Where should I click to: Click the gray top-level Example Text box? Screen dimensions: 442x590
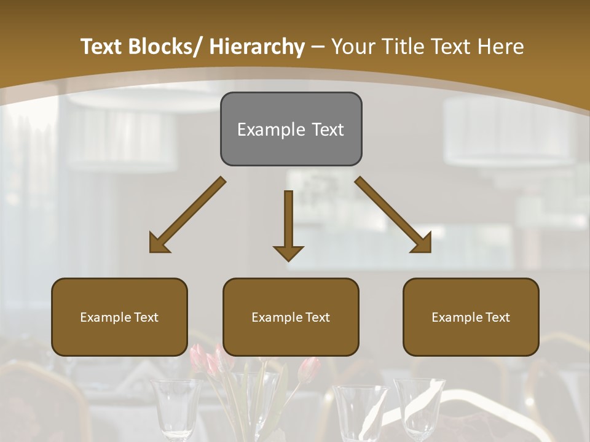point(291,129)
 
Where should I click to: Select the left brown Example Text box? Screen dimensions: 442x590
point(119,317)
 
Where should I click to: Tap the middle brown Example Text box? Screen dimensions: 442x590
point(291,317)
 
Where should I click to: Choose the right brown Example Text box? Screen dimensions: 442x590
point(471,317)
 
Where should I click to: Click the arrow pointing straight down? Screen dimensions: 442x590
point(288,225)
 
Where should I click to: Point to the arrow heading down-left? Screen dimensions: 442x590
point(188,215)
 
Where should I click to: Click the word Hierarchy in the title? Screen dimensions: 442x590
point(257,47)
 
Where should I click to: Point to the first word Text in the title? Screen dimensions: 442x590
point(102,47)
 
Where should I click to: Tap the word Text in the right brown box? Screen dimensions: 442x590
point(497,317)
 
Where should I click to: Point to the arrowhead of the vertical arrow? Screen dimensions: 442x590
point(288,252)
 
